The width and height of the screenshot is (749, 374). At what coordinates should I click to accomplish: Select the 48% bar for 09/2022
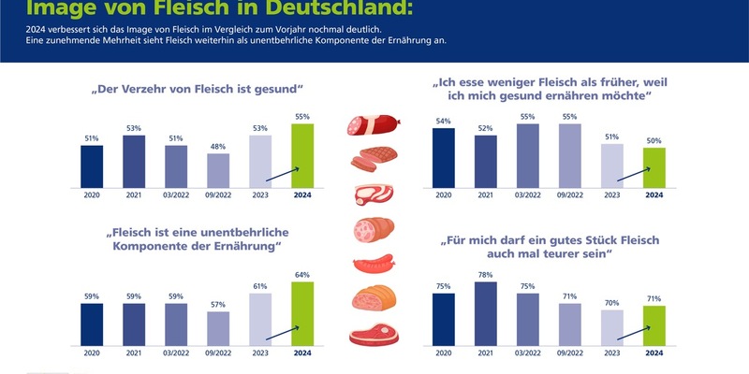(x=218, y=170)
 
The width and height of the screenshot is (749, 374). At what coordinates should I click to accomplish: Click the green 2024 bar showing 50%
(x=654, y=167)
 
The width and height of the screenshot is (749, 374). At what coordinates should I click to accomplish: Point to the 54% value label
(x=444, y=121)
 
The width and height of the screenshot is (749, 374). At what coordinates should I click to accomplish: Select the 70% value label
(x=612, y=303)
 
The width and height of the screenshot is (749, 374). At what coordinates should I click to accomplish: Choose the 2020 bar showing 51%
(x=92, y=166)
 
